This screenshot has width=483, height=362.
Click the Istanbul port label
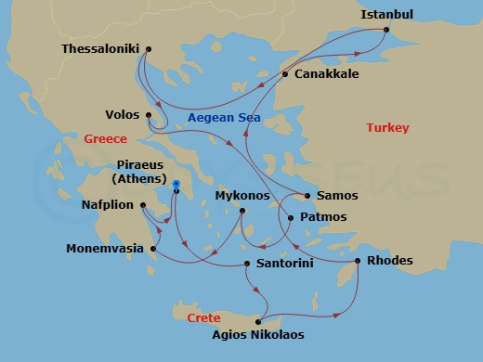[x=387, y=14]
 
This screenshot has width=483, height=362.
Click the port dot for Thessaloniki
[x=149, y=49]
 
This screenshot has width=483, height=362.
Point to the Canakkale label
[x=326, y=73]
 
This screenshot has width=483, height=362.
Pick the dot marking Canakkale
[x=285, y=74]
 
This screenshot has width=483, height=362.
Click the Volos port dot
[x=150, y=115]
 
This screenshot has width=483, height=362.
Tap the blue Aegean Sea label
[x=224, y=118]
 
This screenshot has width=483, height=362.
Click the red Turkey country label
[x=387, y=127]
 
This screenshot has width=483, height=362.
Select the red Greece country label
[x=105, y=139]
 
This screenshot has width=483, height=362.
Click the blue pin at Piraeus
[x=175, y=184]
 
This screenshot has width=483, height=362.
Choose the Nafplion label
[x=107, y=205]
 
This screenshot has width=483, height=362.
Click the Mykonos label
[x=241, y=196]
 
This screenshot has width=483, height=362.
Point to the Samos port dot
[x=307, y=196]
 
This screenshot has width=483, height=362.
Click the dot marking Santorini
[x=246, y=265]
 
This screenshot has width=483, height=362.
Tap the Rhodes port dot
[x=359, y=261]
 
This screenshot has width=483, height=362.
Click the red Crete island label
[x=203, y=317]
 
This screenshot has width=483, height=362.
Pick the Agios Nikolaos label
[x=257, y=335]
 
